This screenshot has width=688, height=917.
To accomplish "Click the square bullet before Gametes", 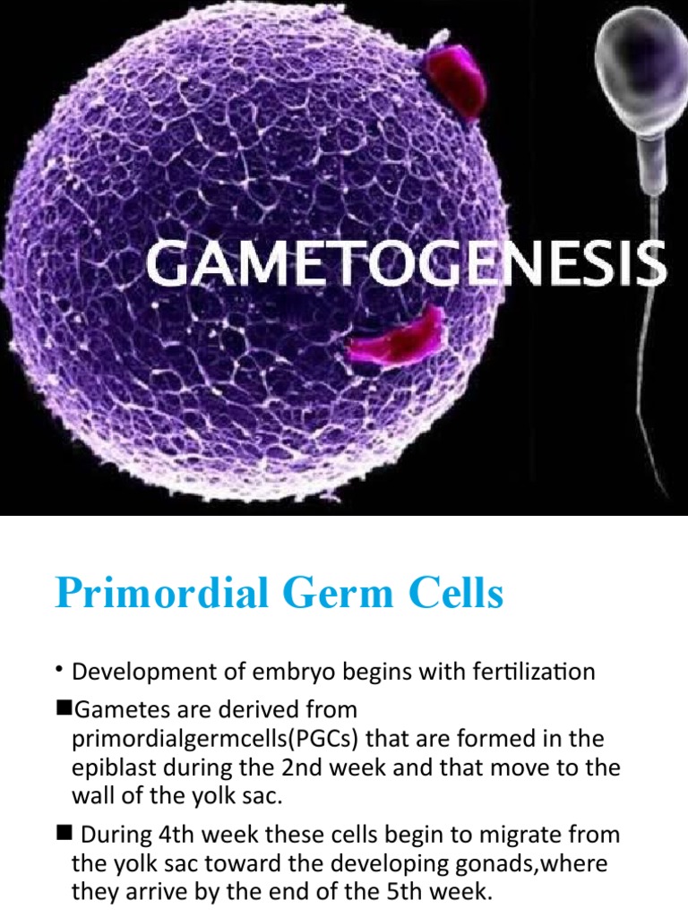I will click(x=64, y=708).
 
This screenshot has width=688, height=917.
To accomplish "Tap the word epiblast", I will click(x=109, y=769).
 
